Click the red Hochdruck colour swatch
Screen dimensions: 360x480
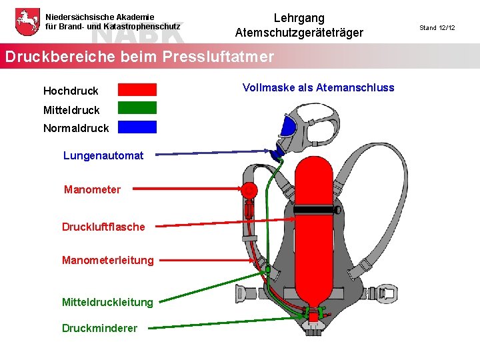(137, 89)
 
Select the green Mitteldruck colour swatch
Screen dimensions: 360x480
(137, 108)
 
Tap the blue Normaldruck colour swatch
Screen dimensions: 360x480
(137, 127)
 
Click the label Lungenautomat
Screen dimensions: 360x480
(103, 155)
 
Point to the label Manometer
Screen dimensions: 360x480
(92, 190)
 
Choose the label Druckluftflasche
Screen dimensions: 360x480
(103, 227)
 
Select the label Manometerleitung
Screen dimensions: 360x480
(107, 260)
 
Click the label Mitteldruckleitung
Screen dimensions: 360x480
(107, 302)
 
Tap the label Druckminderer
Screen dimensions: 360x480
(99, 328)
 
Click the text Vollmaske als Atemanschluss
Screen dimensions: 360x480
(318, 88)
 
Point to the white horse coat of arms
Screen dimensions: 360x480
(26, 21)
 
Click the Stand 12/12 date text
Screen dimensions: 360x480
(437, 28)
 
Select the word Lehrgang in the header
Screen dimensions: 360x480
(299, 18)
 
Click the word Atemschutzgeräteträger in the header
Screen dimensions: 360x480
(299, 33)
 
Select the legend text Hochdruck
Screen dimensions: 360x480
(71, 91)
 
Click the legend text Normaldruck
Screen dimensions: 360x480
(76, 127)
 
